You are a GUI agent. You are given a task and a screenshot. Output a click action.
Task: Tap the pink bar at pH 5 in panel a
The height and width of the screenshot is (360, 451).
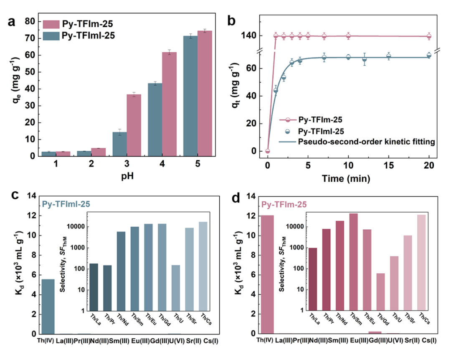tap(205, 94)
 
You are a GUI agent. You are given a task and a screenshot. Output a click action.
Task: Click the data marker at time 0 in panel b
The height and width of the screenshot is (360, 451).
tap(268, 151)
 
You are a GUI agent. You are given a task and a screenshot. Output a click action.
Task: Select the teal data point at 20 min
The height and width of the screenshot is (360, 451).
tap(429, 56)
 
